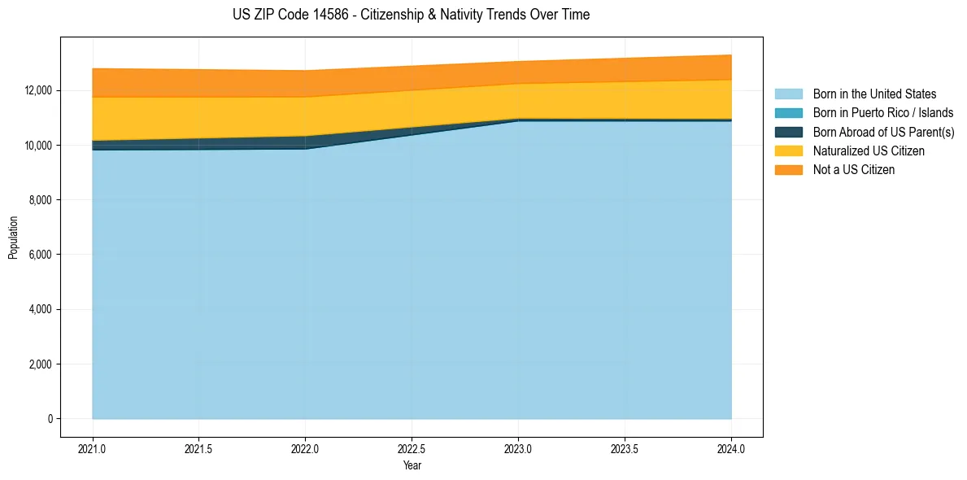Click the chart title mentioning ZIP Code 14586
tap(411, 15)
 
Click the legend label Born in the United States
tap(874, 94)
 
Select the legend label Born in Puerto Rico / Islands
tap(883, 113)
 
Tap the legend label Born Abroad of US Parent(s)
tap(883, 132)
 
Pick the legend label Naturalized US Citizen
tap(869, 151)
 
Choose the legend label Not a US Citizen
tap(854, 170)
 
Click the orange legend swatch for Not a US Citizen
tap(788, 170)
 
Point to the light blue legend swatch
tap(788, 94)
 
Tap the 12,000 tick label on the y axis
tap(39, 90)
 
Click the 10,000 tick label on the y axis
tap(39, 146)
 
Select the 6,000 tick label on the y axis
tap(41, 255)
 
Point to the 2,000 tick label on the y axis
tap(41, 364)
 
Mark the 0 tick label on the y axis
tap(50, 419)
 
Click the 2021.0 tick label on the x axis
tap(93, 449)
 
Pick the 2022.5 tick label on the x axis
tap(412, 449)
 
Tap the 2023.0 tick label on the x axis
tap(518, 449)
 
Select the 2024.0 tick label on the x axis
tap(731, 449)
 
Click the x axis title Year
tap(412, 465)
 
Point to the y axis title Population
tap(13, 238)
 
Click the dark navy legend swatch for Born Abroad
tap(788, 132)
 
